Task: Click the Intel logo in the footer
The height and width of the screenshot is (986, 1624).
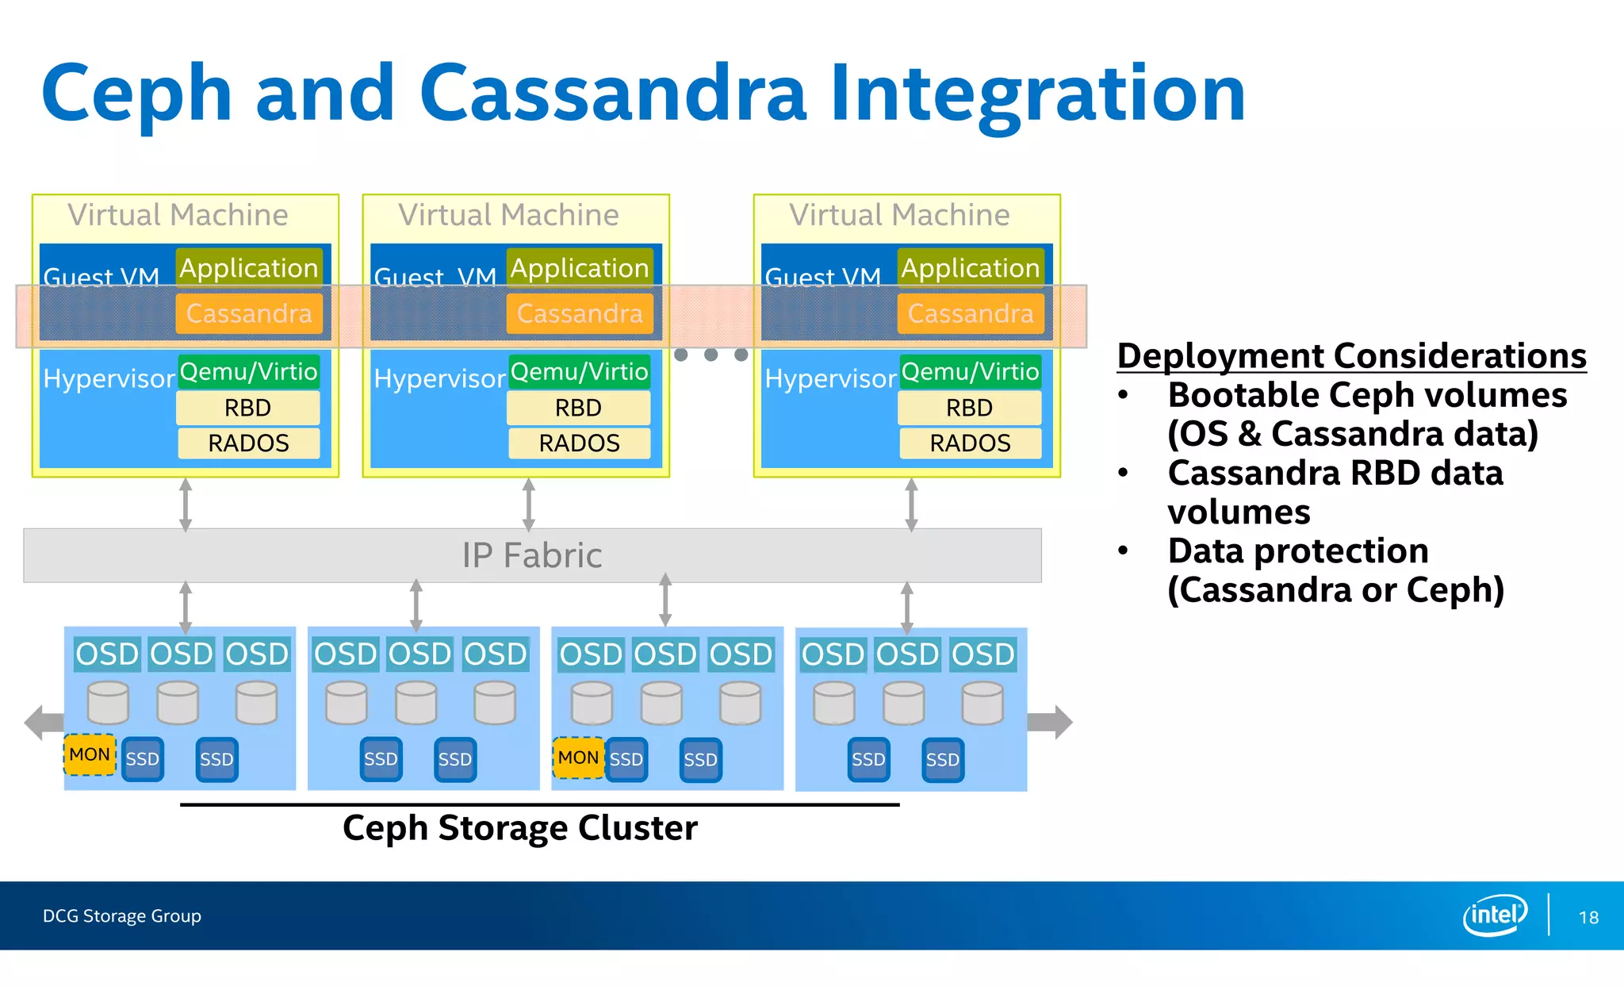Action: pyautogui.click(x=1494, y=915)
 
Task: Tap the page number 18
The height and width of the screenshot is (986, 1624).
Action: pyautogui.click(x=1588, y=918)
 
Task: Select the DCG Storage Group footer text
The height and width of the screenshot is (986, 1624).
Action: pyautogui.click(x=122, y=916)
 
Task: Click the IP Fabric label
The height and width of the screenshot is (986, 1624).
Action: pyautogui.click(x=532, y=555)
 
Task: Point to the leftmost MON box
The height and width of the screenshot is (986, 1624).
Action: pyautogui.click(x=90, y=754)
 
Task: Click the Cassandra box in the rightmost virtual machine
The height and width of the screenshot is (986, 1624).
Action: pyautogui.click(x=971, y=313)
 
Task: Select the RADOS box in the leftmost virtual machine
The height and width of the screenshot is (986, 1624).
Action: pyautogui.click(x=248, y=443)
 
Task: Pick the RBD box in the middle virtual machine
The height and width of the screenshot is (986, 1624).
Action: pyautogui.click(x=578, y=408)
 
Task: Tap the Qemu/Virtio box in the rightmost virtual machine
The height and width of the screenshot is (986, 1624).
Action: pyautogui.click(x=970, y=371)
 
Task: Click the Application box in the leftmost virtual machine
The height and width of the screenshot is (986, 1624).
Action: pyautogui.click(x=248, y=268)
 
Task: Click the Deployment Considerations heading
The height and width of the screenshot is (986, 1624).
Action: pyautogui.click(x=1351, y=355)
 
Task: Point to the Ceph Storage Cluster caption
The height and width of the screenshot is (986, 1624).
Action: pyautogui.click(x=520, y=828)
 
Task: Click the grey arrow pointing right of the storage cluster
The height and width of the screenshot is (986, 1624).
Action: pyautogui.click(x=1051, y=722)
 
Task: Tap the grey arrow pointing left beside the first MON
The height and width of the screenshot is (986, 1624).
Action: pyautogui.click(x=43, y=722)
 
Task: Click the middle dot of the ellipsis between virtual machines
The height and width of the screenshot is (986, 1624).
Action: pyautogui.click(x=711, y=355)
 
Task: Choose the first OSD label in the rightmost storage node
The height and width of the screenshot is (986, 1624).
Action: pyautogui.click(x=832, y=654)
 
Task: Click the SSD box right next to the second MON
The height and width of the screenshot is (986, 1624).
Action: pyautogui.click(x=626, y=759)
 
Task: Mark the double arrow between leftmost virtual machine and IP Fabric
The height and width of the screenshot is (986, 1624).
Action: pyautogui.click(x=186, y=504)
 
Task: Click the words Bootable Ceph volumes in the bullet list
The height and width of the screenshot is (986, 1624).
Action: pyautogui.click(x=1367, y=395)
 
